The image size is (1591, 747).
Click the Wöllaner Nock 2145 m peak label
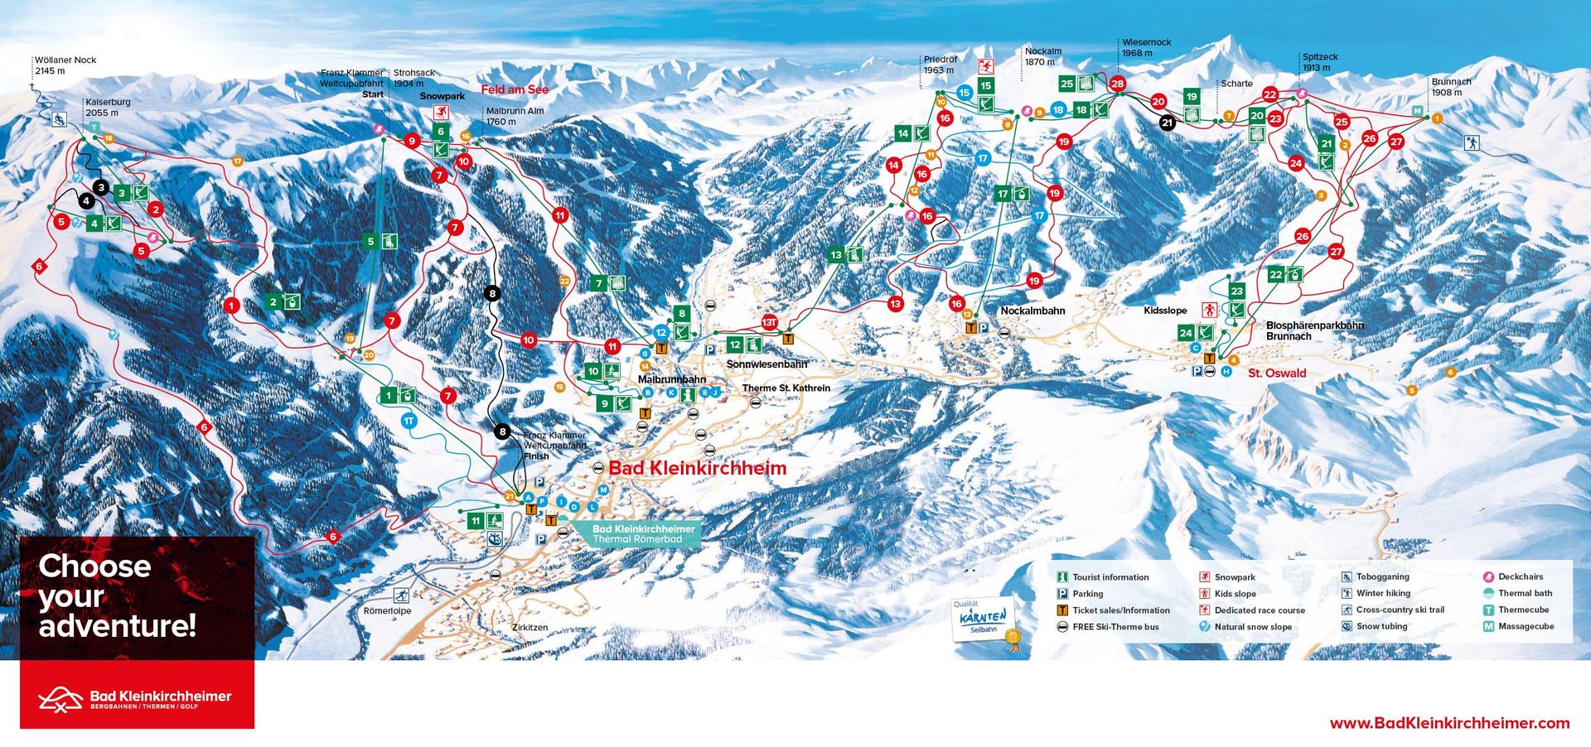pyautogui.click(x=65, y=65)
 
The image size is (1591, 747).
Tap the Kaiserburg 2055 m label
pyautogui.click(x=108, y=108)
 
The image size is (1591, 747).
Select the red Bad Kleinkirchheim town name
pyautogui.click(x=697, y=469)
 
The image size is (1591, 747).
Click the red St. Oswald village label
pyautogui.click(x=1276, y=373)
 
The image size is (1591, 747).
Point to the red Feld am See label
pyautogui.click(x=515, y=89)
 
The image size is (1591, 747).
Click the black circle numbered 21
pyautogui.click(x=1167, y=123)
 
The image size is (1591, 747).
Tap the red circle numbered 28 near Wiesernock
pyautogui.click(x=1117, y=84)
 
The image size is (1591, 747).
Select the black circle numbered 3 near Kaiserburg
pyautogui.click(x=101, y=187)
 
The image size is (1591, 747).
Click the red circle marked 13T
pyautogui.click(x=769, y=322)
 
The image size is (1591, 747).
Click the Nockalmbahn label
pyautogui.click(x=1032, y=311)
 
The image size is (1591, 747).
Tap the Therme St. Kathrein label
pyautogui.click(x=786, y=388)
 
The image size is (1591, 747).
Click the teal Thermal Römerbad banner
pyautogui.click(x=636, y=534)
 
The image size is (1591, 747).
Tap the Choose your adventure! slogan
pyautogui.click(x=117, y=595)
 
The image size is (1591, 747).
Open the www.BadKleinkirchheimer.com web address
pyautogui.click(x=1449, y=723)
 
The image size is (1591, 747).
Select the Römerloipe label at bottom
pyautogui.click(x=387, y=611)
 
